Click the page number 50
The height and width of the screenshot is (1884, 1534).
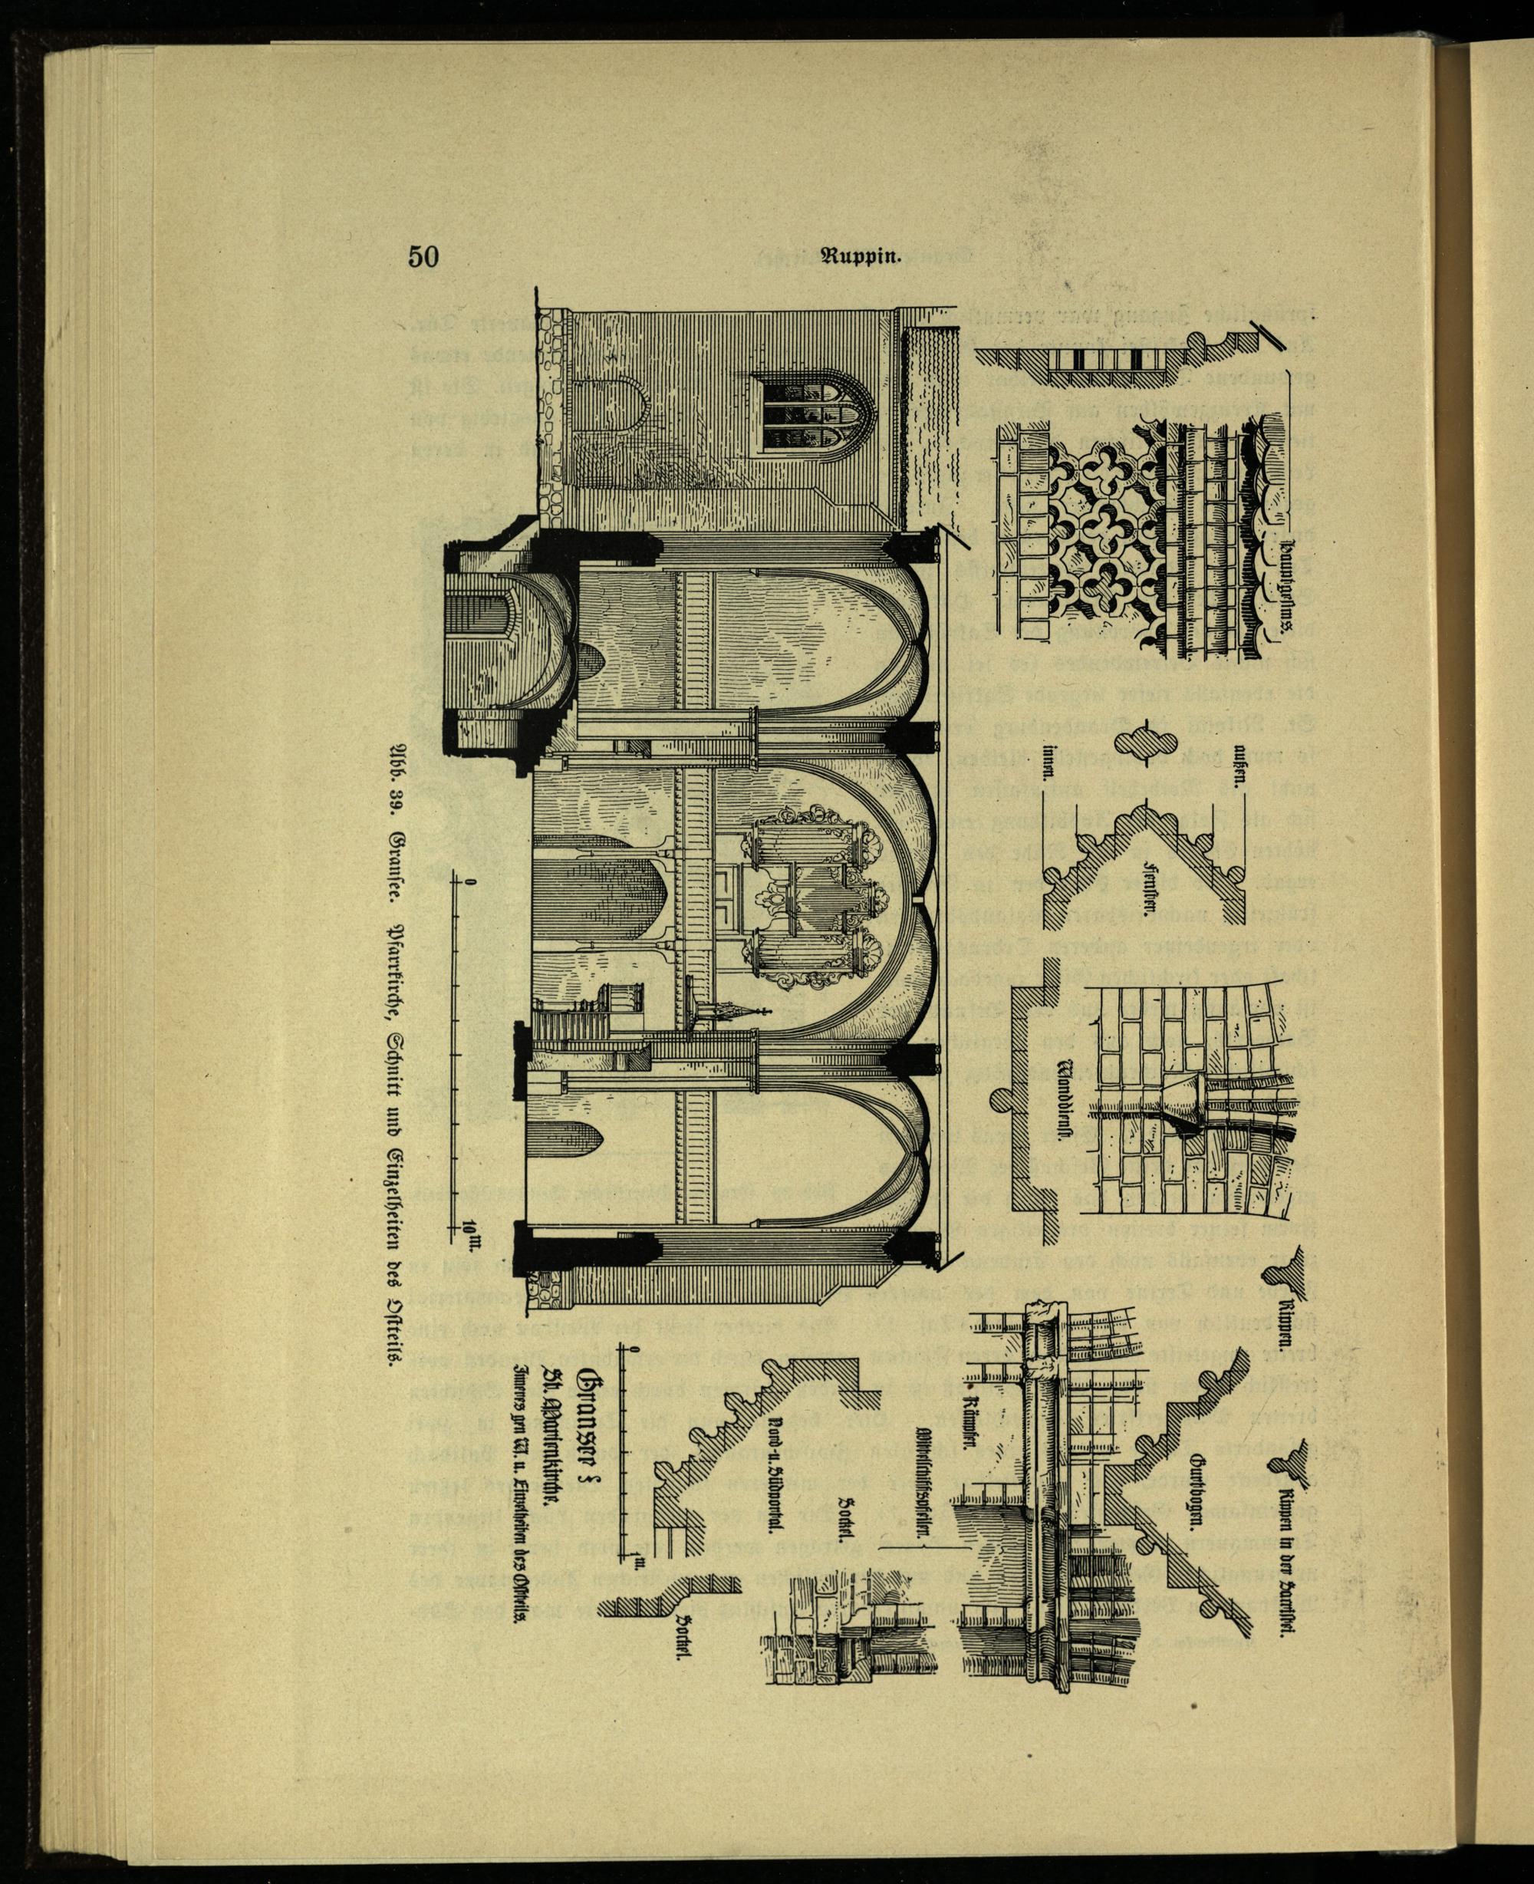[x=423, y=257]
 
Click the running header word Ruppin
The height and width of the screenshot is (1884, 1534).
[x=861, y=258]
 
